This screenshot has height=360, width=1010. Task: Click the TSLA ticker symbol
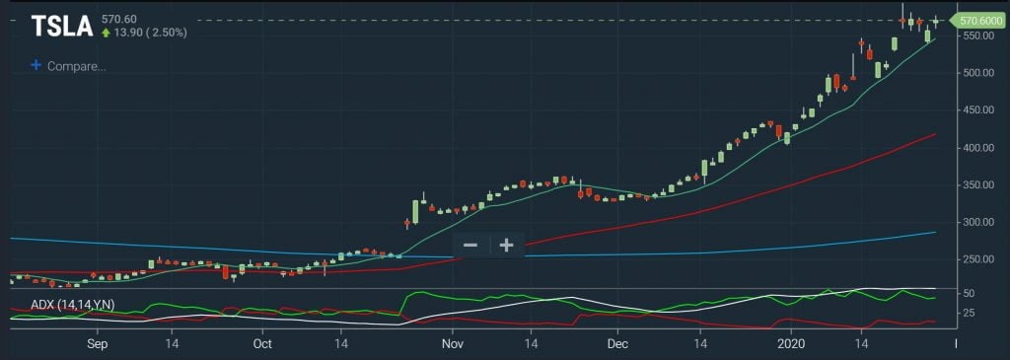[x=63, y=27]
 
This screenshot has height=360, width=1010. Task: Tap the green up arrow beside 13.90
[x=107, y=33]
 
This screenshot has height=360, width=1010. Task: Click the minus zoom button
[x=470, y=245]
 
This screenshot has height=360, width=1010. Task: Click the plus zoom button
[x=507, y=245]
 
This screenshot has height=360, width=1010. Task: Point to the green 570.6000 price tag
[x=979, y=20]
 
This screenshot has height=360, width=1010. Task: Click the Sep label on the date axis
[x=97, y=344]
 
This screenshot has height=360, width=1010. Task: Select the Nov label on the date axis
[x=452, y=344]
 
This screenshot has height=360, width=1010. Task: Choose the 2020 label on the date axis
[x=791, y=344]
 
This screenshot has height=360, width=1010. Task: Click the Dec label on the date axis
[x=617, y=344]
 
